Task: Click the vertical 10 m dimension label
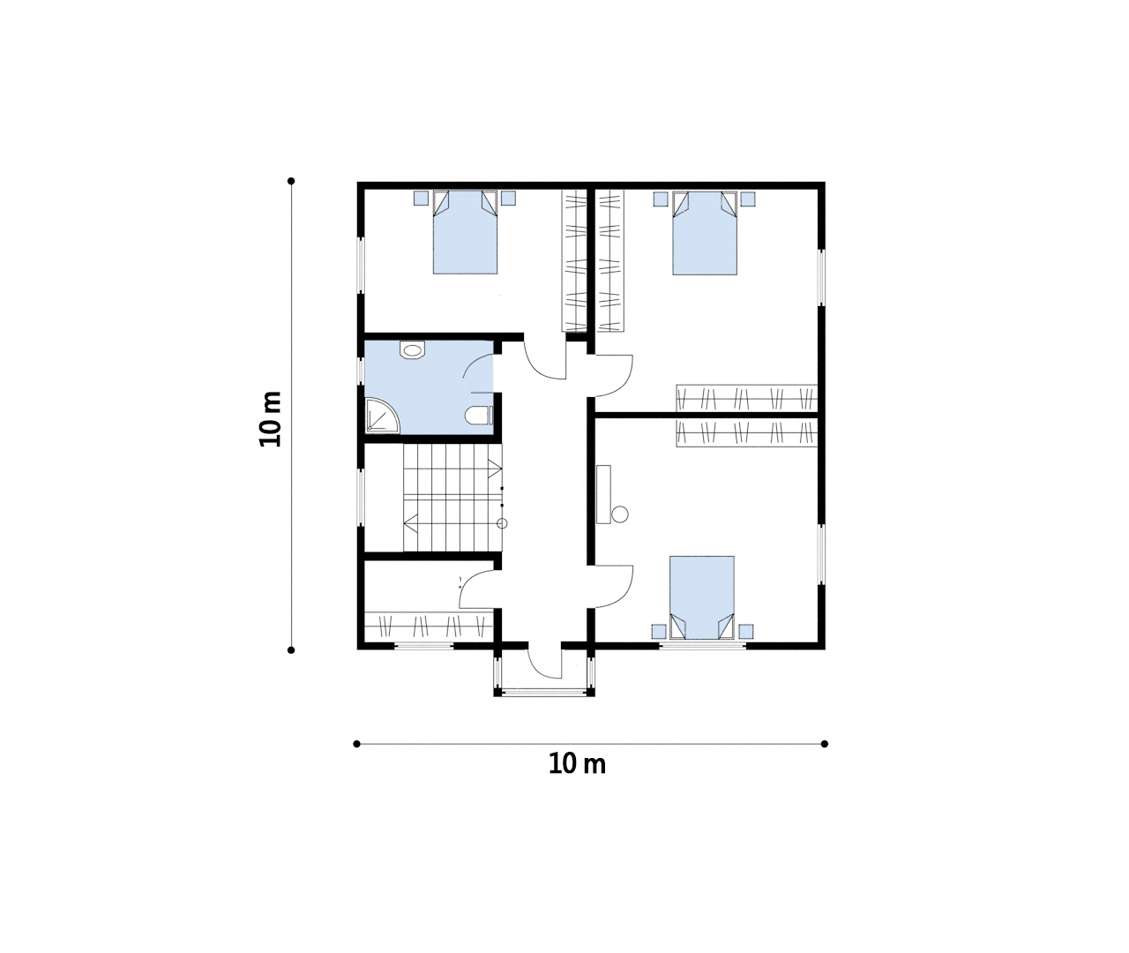(271, 419)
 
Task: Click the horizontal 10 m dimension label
(577, 764)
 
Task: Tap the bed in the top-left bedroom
(465, 232)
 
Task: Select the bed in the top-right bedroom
(705, 233)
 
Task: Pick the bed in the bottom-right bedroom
(702, 597)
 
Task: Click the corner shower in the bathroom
(383, 416)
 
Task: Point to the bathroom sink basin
(413, 349)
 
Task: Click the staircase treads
(452, 498)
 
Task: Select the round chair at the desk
(620, 514)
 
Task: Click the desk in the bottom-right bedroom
(603, 494)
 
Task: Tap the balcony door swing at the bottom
(545, 662)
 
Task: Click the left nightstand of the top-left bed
(421, 198)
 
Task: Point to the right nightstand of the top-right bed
(748, 199)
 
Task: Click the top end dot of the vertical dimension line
(291, 181)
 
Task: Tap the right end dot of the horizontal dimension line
(824, 744)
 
